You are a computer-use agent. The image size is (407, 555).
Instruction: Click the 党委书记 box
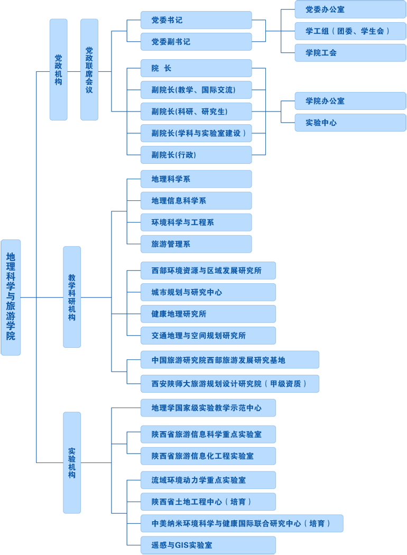tap(196, 20)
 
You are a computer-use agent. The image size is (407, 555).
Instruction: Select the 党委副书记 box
tap(196, 42)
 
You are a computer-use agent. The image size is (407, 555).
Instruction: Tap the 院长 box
tap(196, 68)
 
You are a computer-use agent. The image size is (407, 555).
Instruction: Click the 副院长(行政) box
tap(196, 155)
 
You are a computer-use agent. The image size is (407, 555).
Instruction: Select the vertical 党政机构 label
tap(59, 70)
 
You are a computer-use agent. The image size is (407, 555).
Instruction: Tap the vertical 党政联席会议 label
tap(89, 70)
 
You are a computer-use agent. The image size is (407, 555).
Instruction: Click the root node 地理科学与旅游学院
tap(11, 296)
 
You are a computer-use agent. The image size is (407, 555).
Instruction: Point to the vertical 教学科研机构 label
tap(72, 297)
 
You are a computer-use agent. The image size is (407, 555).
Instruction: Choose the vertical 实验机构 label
tap(72, 462)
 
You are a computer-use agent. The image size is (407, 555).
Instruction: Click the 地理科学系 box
tap(196, 179)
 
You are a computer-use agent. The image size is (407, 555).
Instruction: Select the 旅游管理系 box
tap(196, 244)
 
